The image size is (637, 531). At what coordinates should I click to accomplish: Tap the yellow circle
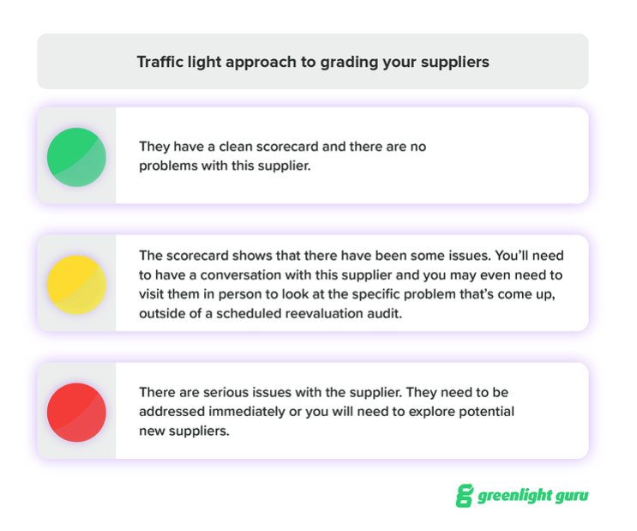click(76, 284)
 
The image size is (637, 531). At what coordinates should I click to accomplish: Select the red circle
click(76, 412)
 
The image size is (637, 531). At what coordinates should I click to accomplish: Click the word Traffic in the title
click(159, 62)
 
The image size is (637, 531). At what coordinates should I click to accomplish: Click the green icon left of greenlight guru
click(464, 497)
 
